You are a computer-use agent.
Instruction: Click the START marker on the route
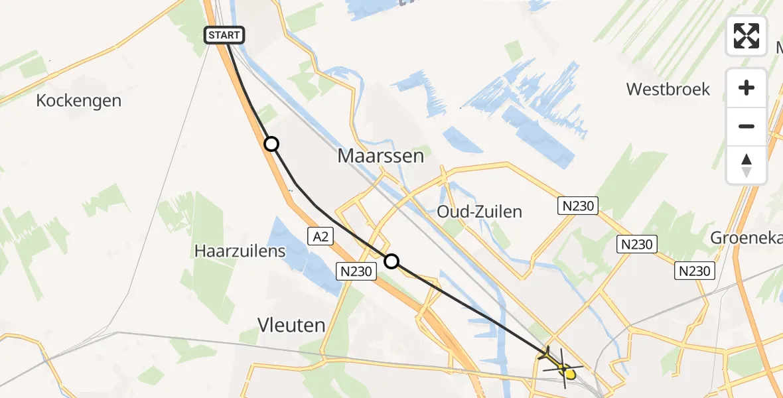pyautogui.click(x=225, y=35)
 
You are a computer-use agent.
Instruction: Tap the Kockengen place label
pyautogui.click(x=79, y=101)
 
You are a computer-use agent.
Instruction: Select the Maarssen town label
pyautogui.click(x=380, y=156)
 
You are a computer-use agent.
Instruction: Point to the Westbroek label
pyautogui.click(x=668, y=89)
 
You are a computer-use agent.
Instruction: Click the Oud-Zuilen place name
pyautogui.click(x=479, y=212)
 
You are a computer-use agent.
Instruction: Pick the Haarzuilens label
pyautogui.click(x=240, y=251)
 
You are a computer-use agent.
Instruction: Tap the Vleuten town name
pyautogui.click(x=291, y=325)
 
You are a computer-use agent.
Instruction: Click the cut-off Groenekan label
pyautogui.click(x=746, y=237)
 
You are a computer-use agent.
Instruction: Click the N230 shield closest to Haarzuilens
pyautogui.click(x=356, y=270)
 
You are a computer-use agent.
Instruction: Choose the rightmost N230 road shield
pyautogui.click(x=695, y=270)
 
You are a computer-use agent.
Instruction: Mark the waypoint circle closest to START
pyautogui.click(x=271, y=144)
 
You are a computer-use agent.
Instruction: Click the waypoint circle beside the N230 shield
pyautogui.click(x=391, y=261)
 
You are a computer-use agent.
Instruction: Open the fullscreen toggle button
pyautogui.click(x=747, y=36)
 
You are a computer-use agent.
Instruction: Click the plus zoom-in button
pyautogui.click(x=747, y=88)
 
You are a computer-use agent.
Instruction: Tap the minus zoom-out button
pyautogui.click(x=747, y=126)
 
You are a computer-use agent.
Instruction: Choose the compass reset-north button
pyautogui.click(x=747, y=165)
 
